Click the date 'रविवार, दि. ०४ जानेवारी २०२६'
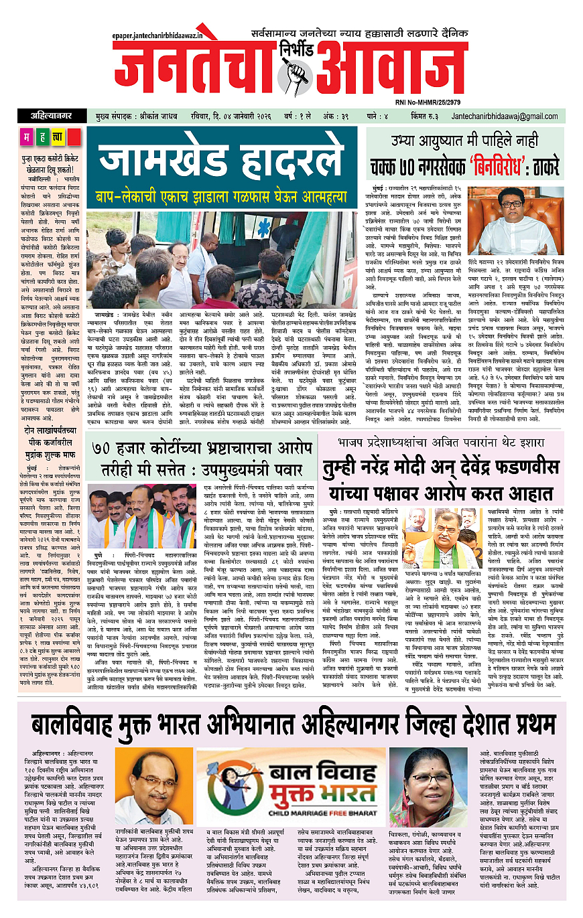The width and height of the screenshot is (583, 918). click(216, 117)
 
